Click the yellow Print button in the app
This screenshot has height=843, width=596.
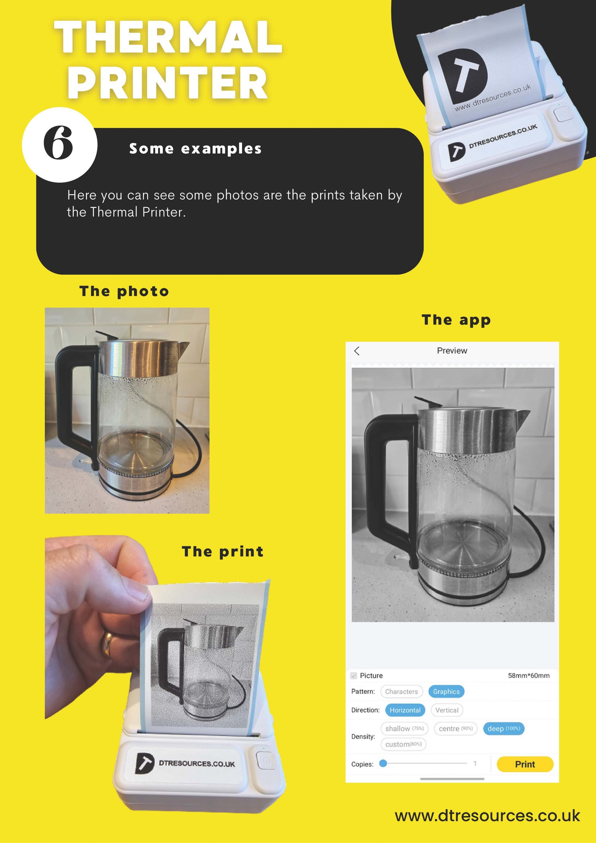[x=525, y=764]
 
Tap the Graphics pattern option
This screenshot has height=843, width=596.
[x=446, y=691]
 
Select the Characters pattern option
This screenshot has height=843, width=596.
[x=402, y=691]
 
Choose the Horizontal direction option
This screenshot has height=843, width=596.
[x=405, y=710]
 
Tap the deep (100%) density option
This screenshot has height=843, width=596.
[x=504, y=728]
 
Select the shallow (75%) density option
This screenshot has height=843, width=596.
[x=404, y=728]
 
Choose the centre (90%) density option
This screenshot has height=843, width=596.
[x=455, y=728]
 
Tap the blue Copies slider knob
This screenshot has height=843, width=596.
[x=383, y=763]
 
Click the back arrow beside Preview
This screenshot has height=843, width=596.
[x=357, y=351]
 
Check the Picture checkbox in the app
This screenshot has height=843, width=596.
[x=354, y=675]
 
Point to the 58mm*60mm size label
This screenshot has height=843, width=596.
[x=529, y=675]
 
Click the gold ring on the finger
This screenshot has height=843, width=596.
[x=107, y=645]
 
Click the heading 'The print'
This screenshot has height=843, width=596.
[x=223, y=551]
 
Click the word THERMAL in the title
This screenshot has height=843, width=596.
[x=168, y=37]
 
